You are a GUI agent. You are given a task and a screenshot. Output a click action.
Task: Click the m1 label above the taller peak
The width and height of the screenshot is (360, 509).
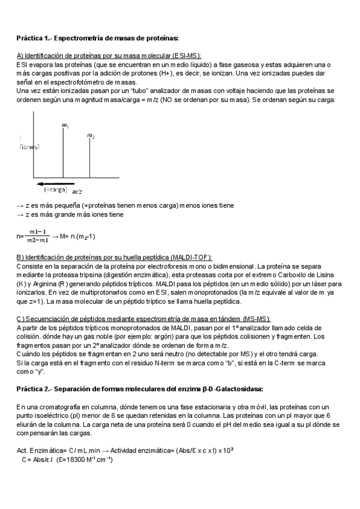click(x=65, y=125)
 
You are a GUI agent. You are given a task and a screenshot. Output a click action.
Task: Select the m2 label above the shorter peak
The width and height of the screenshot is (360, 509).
click(x=91, y=137)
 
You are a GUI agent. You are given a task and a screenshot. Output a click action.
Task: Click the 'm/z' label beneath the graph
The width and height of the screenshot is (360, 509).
click(x=77, y=191)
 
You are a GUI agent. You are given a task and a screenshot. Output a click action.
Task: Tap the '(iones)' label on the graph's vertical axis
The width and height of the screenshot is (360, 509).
click(x=29, y=146)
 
